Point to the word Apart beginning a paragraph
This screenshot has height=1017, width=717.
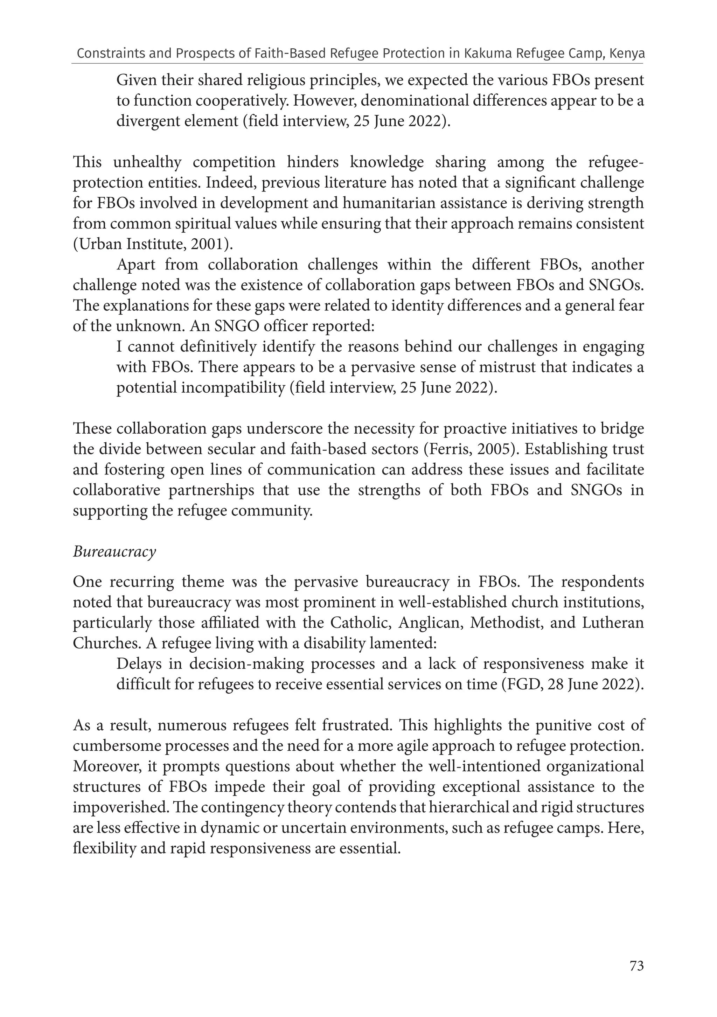(x=136, y=265)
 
